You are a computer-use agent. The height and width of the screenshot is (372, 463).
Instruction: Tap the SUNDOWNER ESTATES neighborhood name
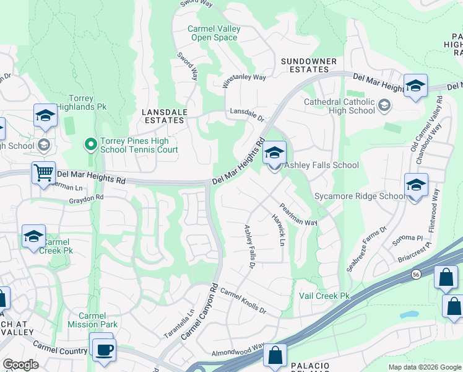[309, 65]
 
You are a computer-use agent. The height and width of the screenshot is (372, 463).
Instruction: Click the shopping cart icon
[43, 173]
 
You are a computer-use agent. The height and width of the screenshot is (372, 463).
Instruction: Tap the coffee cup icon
[102, 348]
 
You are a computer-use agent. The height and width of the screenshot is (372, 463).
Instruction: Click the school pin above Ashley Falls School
[274, 153]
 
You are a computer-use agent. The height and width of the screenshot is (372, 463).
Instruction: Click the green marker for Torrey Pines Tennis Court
[90, 144]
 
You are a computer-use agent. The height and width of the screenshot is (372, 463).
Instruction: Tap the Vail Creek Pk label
[324, 296]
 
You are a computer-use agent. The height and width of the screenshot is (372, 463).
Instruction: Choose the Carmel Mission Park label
[93, 320]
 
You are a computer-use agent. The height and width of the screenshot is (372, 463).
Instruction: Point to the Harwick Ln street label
[277, 229]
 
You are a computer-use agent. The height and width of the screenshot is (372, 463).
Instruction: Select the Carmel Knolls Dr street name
[243, 301]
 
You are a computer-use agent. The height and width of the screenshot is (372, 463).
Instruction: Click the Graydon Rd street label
[86, 198]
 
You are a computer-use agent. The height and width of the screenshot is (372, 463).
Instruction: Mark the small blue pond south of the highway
[409, 314]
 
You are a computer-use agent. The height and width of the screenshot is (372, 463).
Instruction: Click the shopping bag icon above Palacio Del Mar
[274, 356]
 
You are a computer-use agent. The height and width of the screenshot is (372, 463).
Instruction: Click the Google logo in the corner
[20, 365]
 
